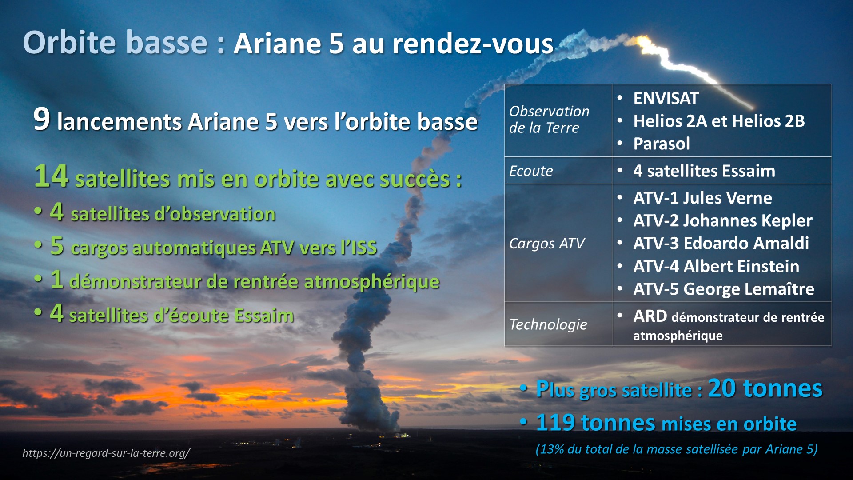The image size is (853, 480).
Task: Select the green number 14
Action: point(51,176)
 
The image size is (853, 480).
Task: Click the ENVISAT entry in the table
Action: point(666,98)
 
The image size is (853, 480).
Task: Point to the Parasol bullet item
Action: point(661,144)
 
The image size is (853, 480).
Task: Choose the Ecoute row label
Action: point(531,171)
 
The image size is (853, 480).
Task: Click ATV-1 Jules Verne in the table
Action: point(702,198)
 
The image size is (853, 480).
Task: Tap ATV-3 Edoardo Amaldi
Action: point(721,243)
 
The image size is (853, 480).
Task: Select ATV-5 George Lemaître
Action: point(724,289)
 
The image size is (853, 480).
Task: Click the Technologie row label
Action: point(548,324)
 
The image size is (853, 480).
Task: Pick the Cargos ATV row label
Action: point(547,244)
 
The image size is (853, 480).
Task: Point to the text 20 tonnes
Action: point(765,388)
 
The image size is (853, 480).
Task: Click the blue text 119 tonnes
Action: point(595,422)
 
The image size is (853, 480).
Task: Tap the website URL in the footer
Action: point(106,453)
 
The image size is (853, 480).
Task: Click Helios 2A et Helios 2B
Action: point(719,121)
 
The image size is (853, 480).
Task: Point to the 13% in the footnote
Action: point(552,449)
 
